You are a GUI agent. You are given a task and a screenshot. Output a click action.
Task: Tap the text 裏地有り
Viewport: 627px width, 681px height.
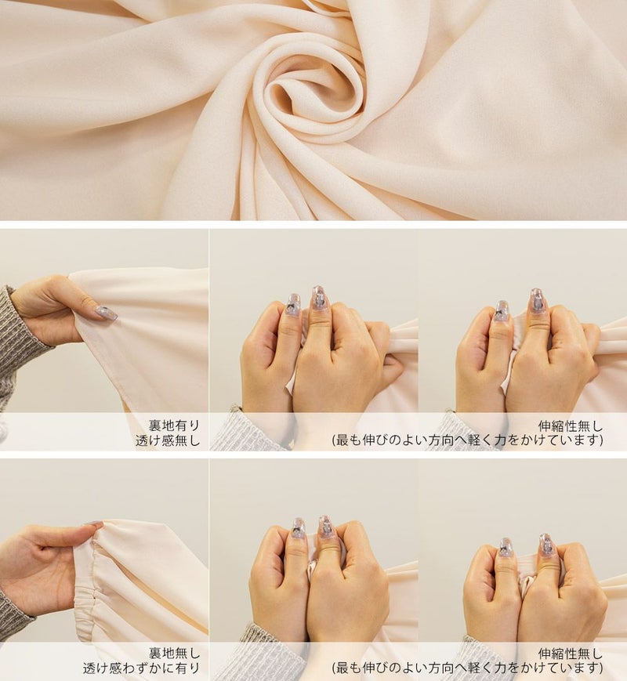pyautogui.click(x=174, y=426)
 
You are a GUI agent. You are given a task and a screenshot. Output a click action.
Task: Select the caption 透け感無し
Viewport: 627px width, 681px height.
pyautogui.click(x=167, y=440)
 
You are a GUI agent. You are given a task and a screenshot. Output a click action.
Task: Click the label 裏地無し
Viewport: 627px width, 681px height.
pyautogui.click(x=174, y=653)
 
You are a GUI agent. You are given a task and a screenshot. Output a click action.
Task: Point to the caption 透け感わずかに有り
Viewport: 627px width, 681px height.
pyautogui.click(x=141, y=668)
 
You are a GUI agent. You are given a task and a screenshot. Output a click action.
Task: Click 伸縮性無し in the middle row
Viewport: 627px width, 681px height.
pyautogui.click(x=571, y=426)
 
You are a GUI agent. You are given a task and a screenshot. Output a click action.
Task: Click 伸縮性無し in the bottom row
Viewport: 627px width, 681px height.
pyautogui.click(x=571, y=654)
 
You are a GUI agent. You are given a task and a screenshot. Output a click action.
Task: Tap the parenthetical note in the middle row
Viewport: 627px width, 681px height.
pyautogui.click(x=468, y=440)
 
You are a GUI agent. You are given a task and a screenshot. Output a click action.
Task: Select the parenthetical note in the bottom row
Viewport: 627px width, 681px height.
pyautogui.click(x=468, y=668)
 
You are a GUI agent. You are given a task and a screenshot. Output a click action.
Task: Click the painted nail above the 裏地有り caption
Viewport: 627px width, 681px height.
pyautogui.click(x=107, y=313)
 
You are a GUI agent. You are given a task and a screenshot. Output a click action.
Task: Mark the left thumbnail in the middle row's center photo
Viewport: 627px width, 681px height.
pyautogui.click(x=293, y=305)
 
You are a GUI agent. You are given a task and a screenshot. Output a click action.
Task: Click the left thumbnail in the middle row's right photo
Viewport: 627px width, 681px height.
pyautogui.click(x=502, y=311)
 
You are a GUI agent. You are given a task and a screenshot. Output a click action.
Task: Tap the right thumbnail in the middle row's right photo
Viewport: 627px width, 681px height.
pyautogui.click(x=536, y=301)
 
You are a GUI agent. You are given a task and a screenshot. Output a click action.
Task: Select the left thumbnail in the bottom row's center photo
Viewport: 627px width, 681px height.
pyautogui.click(x=298, y=528)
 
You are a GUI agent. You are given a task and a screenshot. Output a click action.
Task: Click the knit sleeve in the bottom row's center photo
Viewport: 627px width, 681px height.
pyautogui.click(x=256, y=651)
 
